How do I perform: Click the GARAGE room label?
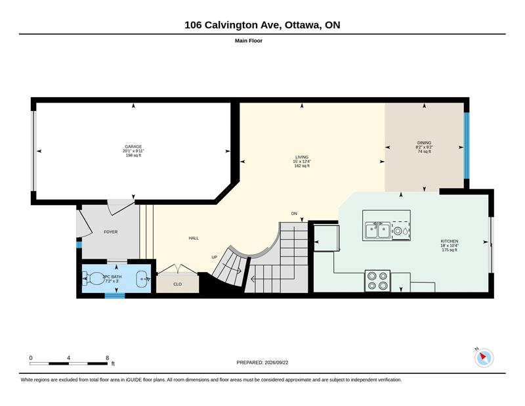point(133,147)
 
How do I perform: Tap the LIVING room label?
point(302,157)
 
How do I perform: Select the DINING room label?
point(424,143)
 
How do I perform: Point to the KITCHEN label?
point(450,241)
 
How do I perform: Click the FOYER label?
point(110,232)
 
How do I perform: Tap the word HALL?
point(194,238)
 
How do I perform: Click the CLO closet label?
point(177,284)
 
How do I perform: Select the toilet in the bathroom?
point(94,279)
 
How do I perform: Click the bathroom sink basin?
point(143,279)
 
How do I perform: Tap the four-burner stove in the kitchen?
point(377,281)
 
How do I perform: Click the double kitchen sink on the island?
point(377,231)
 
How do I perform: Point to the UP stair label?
point(215,257)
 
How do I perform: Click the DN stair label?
point(294,214)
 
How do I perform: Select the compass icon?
point(484,358)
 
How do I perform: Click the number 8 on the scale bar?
point(107,358)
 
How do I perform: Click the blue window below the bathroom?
point(115,296)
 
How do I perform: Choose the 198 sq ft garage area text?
point(133,155)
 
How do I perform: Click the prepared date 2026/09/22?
point(276,363)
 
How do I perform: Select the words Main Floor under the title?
point(249,41)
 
